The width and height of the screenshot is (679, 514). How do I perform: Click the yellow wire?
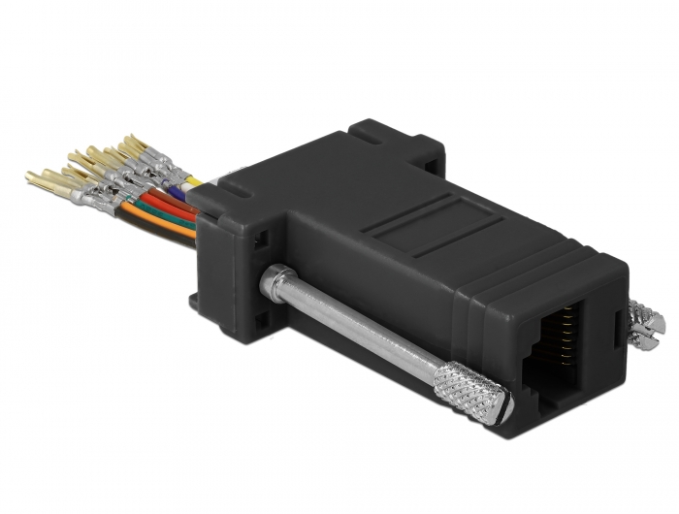click(193, 180)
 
